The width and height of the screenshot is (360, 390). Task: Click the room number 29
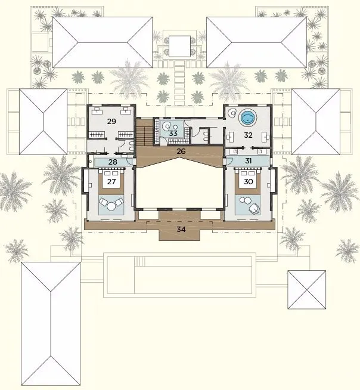[111, 122]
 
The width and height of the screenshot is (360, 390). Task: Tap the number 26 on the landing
[181, 151]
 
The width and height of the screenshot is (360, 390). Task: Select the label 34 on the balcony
[181, 229]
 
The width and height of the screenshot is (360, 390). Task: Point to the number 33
[173, 134]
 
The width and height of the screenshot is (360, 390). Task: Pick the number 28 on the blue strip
[113, 162]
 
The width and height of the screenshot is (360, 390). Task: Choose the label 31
[249, 161]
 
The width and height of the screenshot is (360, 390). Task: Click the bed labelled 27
[111, 179]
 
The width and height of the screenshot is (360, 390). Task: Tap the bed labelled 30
[247, 179]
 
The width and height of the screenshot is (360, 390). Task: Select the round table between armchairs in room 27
[111, 206]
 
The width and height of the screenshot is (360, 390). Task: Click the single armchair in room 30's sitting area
[255, 209]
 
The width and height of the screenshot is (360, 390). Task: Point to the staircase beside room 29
[144, 132]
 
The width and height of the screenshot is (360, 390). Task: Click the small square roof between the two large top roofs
[180, 46]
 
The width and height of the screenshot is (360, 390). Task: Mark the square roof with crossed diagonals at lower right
[307, 290]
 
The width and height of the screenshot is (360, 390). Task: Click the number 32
[248, 135]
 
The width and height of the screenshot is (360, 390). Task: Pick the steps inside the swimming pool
[139, 261]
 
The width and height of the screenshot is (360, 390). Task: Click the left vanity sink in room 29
[97, 110]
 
